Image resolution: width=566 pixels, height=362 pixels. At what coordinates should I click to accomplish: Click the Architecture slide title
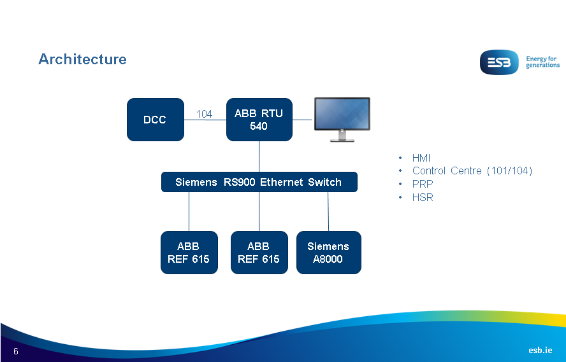tap(82, 59)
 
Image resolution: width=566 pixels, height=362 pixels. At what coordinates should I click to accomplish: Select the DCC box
tap(155, 119)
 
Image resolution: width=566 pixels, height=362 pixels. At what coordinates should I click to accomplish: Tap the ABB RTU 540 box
tap(259, 119)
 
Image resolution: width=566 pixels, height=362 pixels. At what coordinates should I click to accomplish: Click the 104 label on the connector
tap(204, 115)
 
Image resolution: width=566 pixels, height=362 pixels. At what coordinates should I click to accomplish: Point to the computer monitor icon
tap(342, 119)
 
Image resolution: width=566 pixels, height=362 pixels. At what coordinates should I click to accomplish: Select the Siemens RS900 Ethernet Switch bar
tap(259, 182)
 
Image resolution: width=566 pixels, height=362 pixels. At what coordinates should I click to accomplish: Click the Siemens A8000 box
tap(328, 253)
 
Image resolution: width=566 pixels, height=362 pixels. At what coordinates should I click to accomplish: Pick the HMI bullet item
tap(421, 158)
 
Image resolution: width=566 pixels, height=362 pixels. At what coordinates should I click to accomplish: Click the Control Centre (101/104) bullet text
tap(472, 171)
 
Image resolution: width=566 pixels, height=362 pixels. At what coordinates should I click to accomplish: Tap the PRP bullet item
tap(422, 184)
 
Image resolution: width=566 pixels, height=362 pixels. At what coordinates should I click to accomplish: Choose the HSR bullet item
tap(422, 197)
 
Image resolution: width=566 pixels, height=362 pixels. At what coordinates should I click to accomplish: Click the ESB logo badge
tap(500, 62)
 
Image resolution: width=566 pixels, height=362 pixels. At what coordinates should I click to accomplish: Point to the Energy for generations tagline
tap(542, 62)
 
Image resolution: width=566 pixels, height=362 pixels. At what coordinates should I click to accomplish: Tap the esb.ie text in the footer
tap(540, 351)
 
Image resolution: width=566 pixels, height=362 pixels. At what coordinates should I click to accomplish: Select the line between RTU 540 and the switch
tap(259, 157)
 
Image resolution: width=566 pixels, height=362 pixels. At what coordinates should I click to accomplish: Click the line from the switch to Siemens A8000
tap(328, 211)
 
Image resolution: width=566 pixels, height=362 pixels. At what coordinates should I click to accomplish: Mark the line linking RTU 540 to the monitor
tap(303, 120)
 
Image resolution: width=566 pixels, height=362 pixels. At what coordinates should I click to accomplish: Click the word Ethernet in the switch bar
tap(282, 182)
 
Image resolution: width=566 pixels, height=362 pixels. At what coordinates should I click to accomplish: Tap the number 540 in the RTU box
tap(259, 126)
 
